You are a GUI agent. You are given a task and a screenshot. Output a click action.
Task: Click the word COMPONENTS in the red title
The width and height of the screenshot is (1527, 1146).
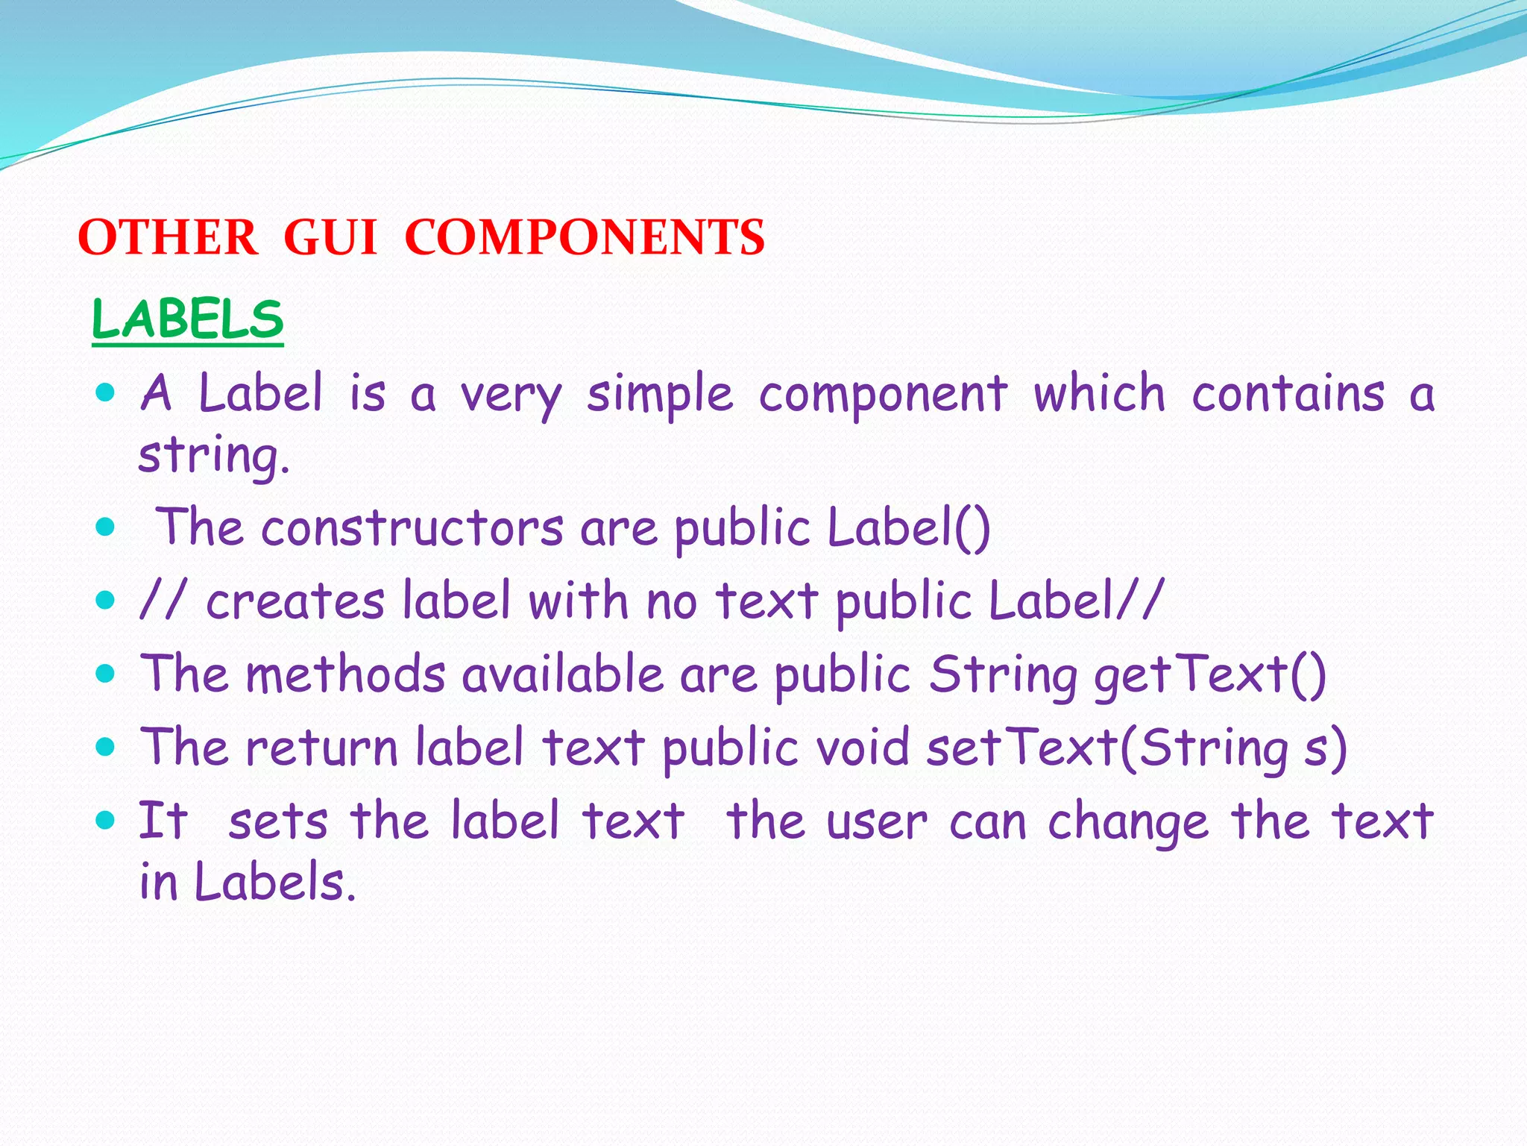point(585,238)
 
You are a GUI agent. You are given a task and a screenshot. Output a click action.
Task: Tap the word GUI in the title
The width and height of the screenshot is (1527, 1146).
point(330,238)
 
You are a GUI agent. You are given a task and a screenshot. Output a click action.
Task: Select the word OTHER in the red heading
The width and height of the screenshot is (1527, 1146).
point(168,238)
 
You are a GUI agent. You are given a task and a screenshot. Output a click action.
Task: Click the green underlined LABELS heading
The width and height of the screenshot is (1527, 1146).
point(188,320)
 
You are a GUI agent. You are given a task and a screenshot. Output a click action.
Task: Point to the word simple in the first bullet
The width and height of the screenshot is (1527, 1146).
point(660,395)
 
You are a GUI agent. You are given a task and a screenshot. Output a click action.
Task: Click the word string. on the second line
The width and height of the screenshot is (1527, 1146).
point(214,455)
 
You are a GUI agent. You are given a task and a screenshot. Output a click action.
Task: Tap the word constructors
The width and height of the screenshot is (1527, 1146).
point(412,528)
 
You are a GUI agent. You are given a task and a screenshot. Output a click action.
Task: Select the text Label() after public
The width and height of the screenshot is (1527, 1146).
point(909,528)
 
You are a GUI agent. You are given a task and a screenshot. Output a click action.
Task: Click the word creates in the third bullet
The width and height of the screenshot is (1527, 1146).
point(295,601)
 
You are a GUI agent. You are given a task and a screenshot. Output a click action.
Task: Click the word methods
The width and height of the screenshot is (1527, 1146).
point(346,674)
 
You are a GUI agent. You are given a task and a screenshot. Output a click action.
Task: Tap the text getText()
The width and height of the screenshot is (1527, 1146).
point(1210,674)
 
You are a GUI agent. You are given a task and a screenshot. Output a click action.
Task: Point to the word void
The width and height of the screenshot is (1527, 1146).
point(863,748)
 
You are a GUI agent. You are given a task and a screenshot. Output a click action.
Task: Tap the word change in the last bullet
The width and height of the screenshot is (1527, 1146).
point(1127,821)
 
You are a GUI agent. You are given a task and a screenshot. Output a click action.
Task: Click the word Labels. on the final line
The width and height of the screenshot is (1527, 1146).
point(275,883)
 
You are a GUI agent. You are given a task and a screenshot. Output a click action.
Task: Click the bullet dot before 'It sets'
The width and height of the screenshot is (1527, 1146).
point(107,821)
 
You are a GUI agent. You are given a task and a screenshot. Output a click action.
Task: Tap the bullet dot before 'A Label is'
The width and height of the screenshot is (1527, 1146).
point(107,392)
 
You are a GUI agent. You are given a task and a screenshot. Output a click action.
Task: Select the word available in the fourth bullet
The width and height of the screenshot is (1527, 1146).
point(563,674)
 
